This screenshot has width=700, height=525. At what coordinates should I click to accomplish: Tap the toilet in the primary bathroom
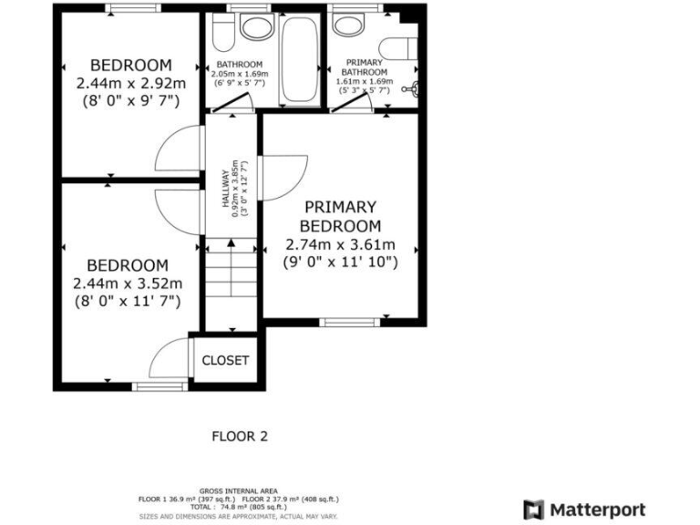tap(397, 48)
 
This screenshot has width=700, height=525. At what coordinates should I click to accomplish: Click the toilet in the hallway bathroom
tap(221, 34)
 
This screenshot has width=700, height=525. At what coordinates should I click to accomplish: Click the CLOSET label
tap(224, 360)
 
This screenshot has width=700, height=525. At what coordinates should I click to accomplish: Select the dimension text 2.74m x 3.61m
tap(340, 244)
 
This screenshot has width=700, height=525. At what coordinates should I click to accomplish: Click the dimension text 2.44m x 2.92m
tap(131, 83)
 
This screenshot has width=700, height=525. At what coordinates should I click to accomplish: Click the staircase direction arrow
tap(231, 243)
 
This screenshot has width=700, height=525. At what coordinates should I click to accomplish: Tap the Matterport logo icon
tap(534, 510)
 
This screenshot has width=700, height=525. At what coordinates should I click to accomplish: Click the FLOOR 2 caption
tap(240, 436)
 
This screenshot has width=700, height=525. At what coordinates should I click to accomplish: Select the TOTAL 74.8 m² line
tap(238, 508)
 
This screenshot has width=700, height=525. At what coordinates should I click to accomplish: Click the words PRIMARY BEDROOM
tap(340, 216)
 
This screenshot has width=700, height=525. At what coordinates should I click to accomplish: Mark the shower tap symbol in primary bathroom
tap(415, 89)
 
